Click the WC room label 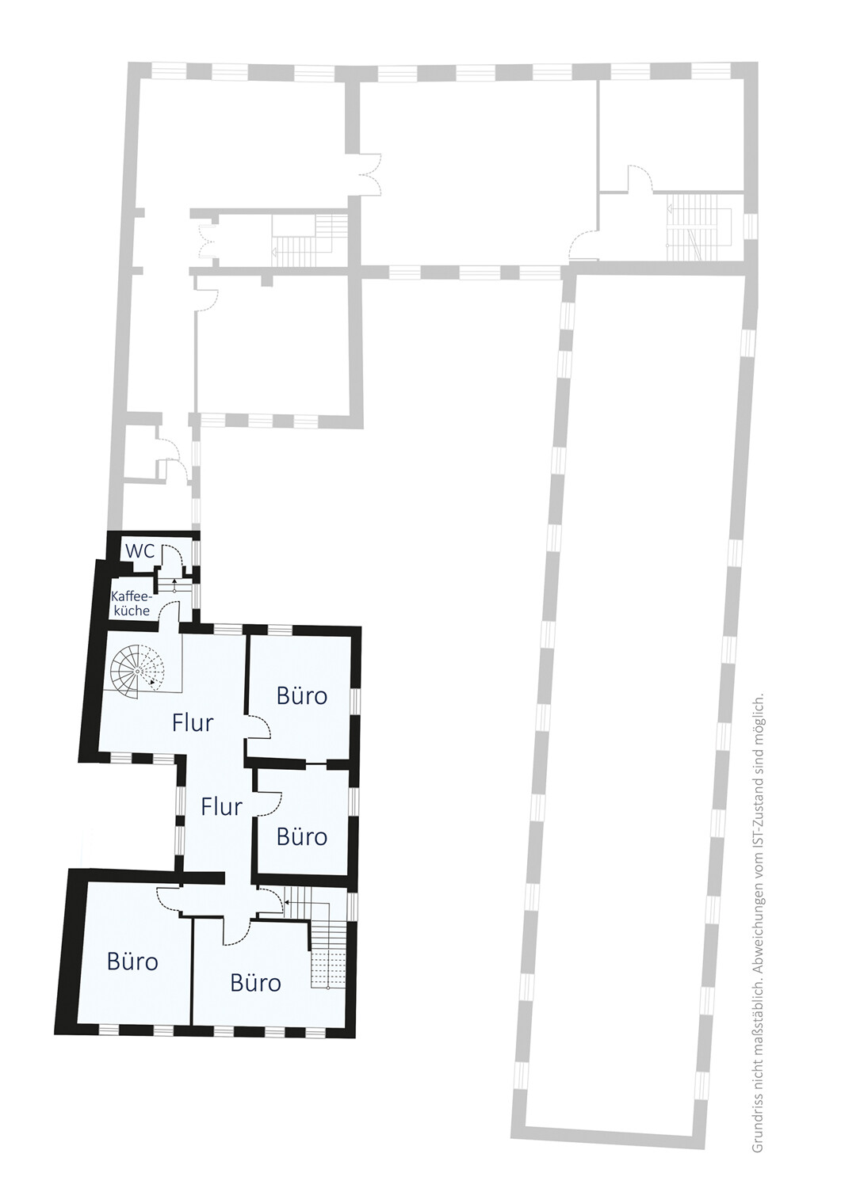click(140, 551)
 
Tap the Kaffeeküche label click(132, 603)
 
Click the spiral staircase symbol click(137, 672)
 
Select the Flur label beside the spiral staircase click(193, 722)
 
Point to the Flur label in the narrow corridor click(222, 807)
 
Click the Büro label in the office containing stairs click(255, 983)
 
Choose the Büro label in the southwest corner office click(132, 961)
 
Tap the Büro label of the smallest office click(301, 837)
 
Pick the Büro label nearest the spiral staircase click(301, 696)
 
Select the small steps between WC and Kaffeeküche click(173, 585)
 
